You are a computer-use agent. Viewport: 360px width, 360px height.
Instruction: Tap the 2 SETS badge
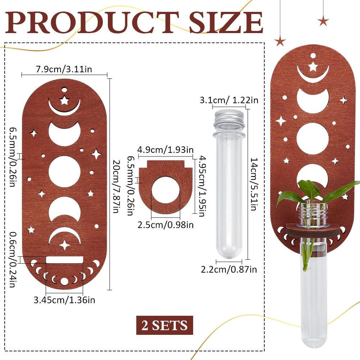(x=165, y=325)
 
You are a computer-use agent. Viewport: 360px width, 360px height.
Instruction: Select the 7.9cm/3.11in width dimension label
(x=64, y=69)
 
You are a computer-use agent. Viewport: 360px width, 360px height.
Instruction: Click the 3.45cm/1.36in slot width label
(x=64, y=300)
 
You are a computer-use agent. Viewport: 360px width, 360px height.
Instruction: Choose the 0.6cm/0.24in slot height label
(x=13, y=259)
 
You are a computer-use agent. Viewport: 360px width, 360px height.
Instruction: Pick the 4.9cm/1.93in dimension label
(x=165, y=150)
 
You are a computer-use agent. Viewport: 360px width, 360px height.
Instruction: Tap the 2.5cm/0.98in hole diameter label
(x=165, y=225)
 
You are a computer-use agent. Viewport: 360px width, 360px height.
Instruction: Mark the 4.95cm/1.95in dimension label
(x=202, y=186)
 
